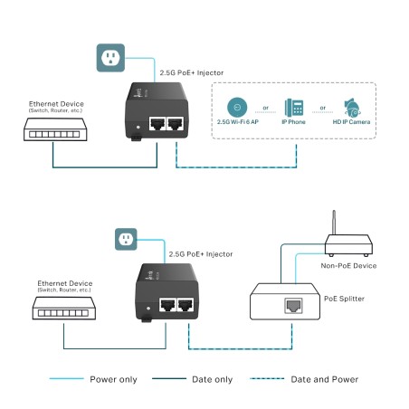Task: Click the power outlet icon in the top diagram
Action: pyautogui.click(x=109, y=60)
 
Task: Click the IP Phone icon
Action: pyautogui.click(x=293, y=106)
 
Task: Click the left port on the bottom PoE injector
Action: pyautogui.click(x=168, y=305)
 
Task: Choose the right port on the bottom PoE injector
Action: pyautogui.click(x=187, y=305)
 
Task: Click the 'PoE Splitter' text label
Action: pyautogui.click(x=346, y=294)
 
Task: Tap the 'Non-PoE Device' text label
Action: pyautogui.click(x=347, y=265)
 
